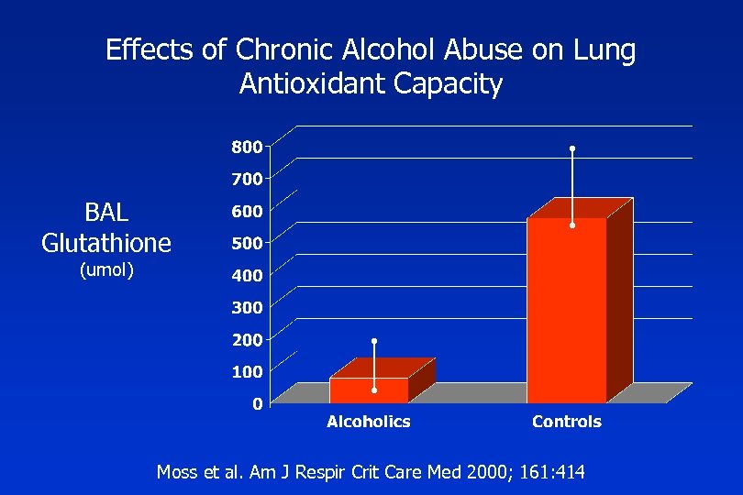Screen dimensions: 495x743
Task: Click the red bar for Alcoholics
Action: click(369, 390)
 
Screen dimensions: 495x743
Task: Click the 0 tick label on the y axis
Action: click(259, 403)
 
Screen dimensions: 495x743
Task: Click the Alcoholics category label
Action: click(369, 422)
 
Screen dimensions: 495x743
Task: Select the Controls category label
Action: click(567, 422)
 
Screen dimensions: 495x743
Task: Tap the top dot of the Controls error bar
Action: click(572, 148)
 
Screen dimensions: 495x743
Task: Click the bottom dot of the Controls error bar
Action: click(572, 225)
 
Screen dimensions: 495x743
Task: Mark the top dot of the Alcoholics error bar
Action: click(374, 341)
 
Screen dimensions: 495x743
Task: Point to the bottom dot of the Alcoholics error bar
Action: click(374, 390)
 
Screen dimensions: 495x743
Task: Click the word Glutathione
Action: click(106, 243)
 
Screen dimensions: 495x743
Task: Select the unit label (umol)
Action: click(106, 269)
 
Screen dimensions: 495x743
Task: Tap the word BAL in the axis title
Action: click(106, 214)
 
